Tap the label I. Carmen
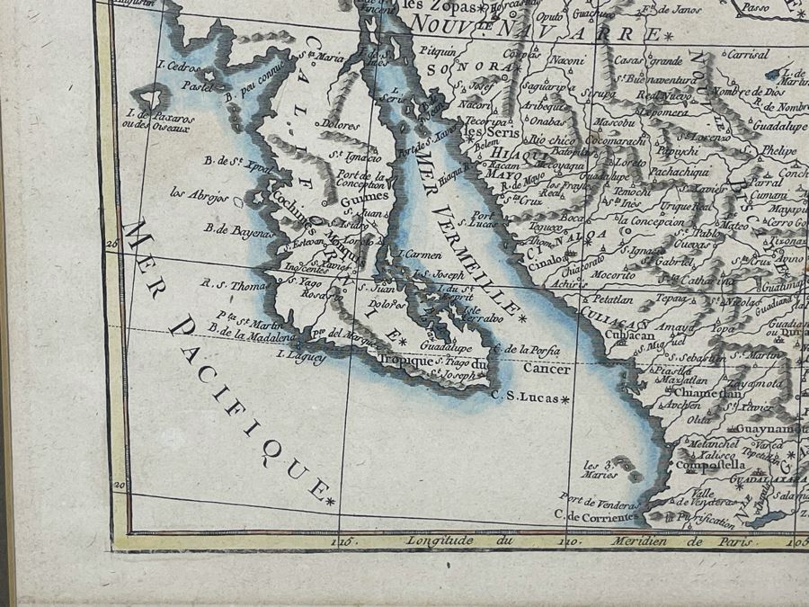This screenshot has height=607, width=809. click(x=420, y=254)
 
